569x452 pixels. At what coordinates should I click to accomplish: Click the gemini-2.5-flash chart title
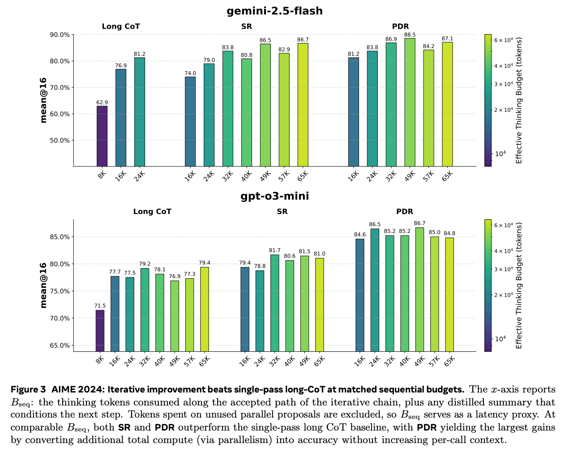click(x=274, y=11)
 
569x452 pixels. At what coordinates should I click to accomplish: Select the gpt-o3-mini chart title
click(x=274, y=196)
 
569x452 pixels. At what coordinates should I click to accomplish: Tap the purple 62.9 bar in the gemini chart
click(x=102, y=136)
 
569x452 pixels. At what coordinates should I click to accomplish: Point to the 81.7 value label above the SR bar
click(x=274, y=250)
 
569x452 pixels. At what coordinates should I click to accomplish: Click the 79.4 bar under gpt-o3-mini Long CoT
click(x=205, y=309)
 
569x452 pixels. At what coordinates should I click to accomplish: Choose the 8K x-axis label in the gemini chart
click(x=102, y=175)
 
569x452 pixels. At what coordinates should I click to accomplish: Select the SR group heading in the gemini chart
click(x=246, y=26)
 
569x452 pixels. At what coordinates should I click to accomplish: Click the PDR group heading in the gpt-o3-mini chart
click(x=405, y=212)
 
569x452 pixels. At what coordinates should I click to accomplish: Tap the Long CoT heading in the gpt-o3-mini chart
click(x=152, y=212)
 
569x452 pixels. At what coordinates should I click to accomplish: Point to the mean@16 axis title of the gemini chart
click(x=43, y=100)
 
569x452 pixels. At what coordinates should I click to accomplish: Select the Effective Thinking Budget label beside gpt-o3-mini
click(x=519, y=286)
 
